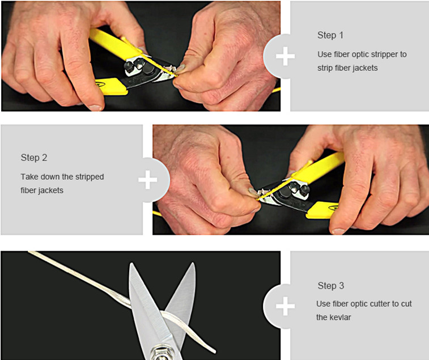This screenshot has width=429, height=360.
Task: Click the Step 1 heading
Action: (330, 35)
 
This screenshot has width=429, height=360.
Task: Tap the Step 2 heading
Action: (34, 158)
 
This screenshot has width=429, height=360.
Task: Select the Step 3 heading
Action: (331, 286)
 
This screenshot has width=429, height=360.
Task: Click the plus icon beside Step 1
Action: (286, 56)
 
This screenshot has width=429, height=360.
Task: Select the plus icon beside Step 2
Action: (148, 180)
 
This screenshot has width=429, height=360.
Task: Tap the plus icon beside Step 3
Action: (286, 306)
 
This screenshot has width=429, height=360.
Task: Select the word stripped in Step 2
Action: (90, 177)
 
